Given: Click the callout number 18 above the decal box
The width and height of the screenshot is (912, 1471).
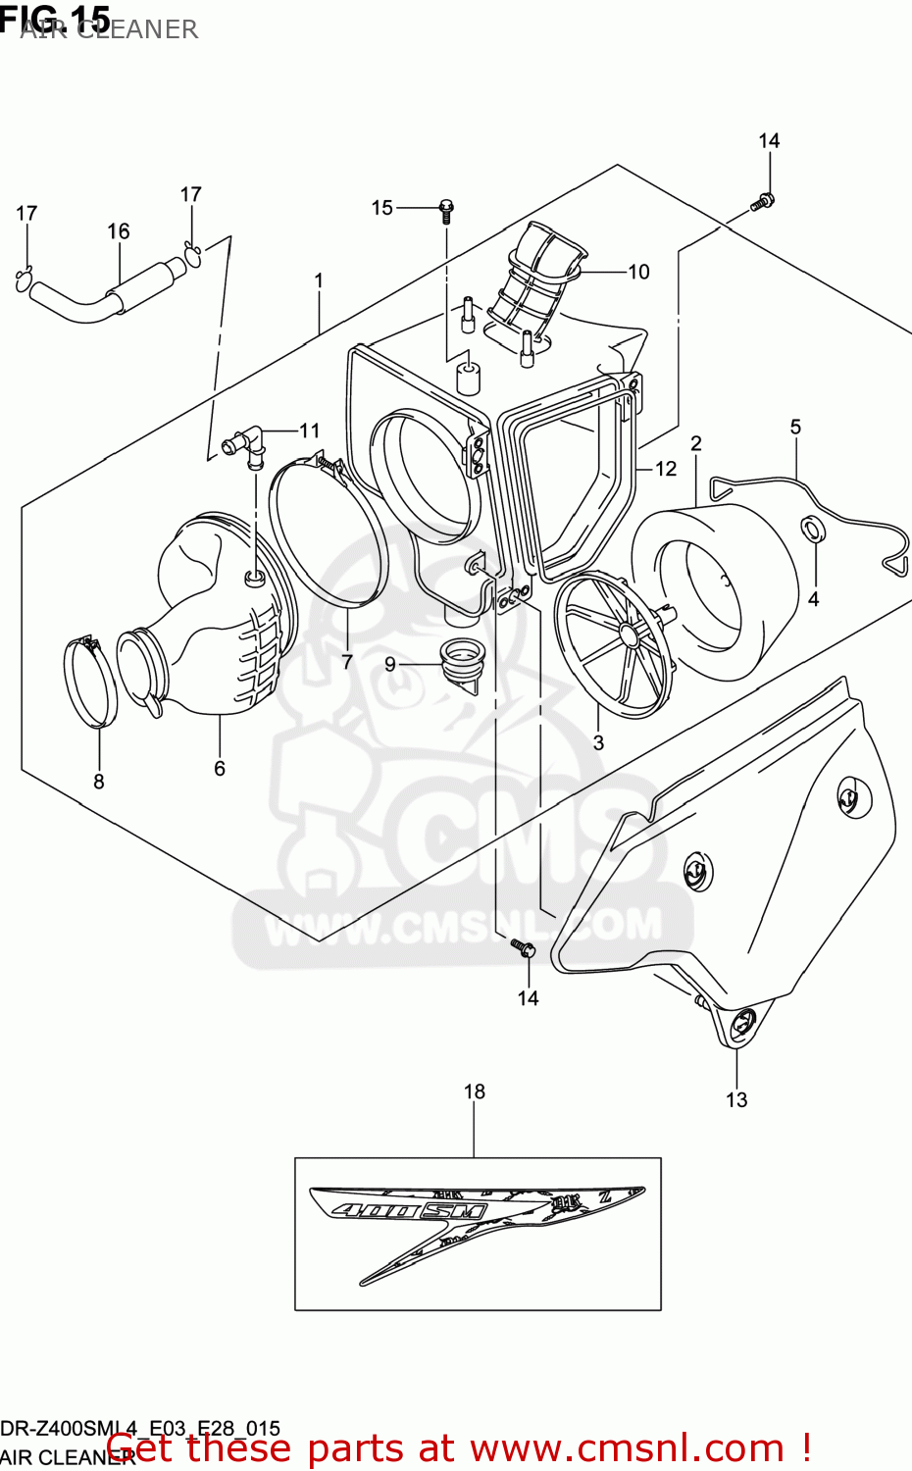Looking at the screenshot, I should point(475,1091).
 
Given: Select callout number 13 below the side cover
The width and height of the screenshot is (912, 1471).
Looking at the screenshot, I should point(736,1100).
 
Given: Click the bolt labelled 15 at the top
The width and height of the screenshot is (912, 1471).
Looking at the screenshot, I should point(446,208).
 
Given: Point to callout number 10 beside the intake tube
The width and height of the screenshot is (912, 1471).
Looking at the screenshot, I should point(638,272).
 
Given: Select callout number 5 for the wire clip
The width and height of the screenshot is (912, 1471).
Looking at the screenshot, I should point(795,427).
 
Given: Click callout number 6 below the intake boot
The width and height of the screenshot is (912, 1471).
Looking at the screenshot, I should point(220,769).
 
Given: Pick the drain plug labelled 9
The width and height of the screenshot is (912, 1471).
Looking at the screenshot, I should point(457,662).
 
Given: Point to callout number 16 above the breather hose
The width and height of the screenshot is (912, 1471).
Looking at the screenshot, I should point(119,231).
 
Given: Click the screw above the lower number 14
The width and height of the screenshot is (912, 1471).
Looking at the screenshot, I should point(525,948).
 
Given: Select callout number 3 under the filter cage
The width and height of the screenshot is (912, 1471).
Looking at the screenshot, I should point(598,743).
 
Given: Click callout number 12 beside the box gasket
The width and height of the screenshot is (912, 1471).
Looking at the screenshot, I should point(666,469).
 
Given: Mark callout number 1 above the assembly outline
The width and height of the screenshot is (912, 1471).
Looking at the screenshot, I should point(319,280).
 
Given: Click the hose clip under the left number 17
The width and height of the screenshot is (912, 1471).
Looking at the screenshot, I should point(25,277).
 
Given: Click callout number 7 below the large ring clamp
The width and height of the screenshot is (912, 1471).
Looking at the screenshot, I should point(347,662).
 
